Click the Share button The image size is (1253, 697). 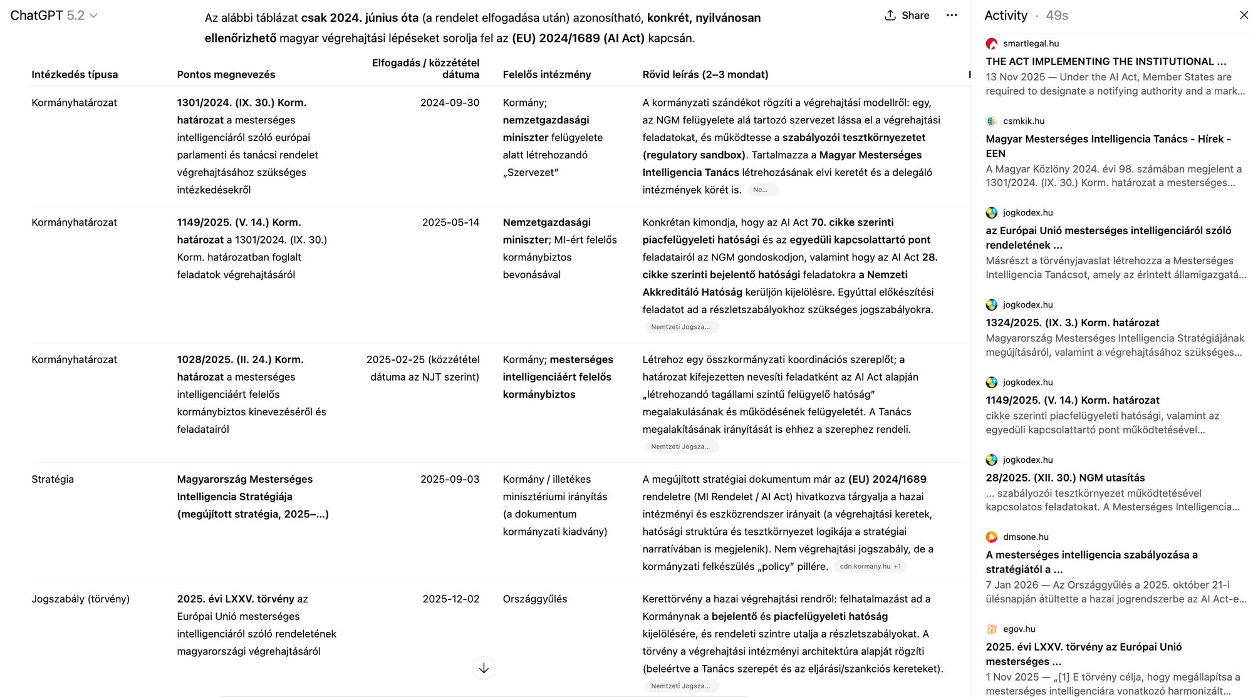(x=907, y=16)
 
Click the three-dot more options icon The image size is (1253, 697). (x=952, y=16)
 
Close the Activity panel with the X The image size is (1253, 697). (x=1244, y=15)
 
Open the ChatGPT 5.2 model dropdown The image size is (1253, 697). (x=55, y=16)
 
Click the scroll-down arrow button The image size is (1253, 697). (x=484, y=668)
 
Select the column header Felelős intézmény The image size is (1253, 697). (x=546, y=75)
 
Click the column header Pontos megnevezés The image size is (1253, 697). (x=226, y=75)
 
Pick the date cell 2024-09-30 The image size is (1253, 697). (x=449, y=103)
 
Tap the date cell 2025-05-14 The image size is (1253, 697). (x=450, y=222)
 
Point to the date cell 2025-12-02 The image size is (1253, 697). (x=450, y=599)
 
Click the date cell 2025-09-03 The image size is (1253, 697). (x=449, y=479)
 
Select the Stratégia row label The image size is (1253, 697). (x=53, y=479)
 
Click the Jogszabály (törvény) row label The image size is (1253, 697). (x=80, y=599)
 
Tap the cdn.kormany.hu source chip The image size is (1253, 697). (x=870, y=566)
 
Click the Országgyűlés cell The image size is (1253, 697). (x=534, y=599)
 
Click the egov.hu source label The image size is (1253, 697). (x=1019, y=629)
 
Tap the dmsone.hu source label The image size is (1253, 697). (x=1025, y=537)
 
